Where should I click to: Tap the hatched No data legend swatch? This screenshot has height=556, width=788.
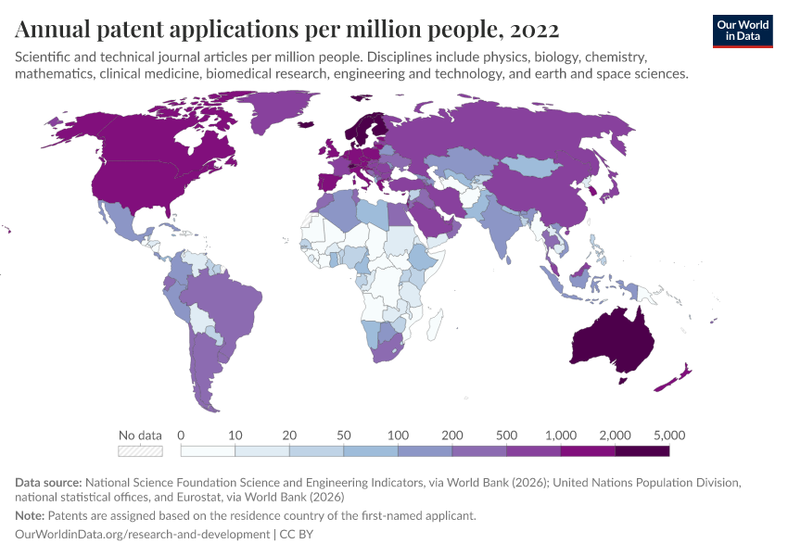click(140, 451)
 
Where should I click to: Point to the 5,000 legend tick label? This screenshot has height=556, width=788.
click(668, 435)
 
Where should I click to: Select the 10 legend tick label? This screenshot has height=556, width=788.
click(235, 435)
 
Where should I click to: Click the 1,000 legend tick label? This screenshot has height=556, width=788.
click(560, 435)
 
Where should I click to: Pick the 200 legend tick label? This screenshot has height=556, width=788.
click(451, 435)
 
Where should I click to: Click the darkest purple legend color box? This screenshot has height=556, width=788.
click(642, 451)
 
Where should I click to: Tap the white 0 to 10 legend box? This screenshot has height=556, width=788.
click(208, 451)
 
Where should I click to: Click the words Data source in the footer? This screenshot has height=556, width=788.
click(48, 483)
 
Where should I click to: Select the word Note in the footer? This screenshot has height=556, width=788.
click(29, 516)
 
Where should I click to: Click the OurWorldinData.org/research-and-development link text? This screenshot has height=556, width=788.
click(143, 535)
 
